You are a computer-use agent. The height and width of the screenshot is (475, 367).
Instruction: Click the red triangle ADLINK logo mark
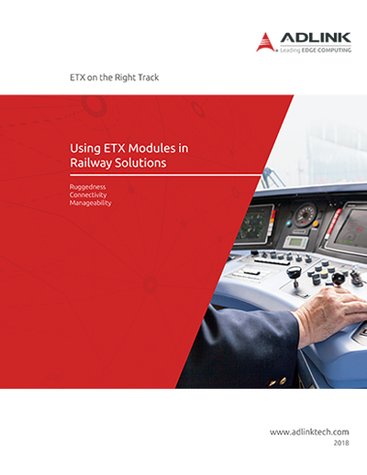(x=265, y=42)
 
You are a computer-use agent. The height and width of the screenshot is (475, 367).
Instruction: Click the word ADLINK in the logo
(x=316, y=38)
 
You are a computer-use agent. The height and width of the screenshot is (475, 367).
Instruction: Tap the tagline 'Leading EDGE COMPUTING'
(x=316, y=50)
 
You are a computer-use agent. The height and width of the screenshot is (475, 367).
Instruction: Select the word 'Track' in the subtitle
(x=148, y=78)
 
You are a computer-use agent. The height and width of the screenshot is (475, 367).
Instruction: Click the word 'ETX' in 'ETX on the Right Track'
(x=77, y=78)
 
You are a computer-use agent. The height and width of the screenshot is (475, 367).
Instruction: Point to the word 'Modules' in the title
(x=151, y=149)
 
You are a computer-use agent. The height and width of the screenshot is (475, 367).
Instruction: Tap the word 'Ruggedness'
(x=87, y=187)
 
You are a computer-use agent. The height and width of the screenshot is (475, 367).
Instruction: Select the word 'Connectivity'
(x=88, y=195)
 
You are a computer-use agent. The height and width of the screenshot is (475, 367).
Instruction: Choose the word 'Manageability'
(x=91, y=203)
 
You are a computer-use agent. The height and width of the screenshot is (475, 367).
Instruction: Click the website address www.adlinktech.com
(x=309, y=432)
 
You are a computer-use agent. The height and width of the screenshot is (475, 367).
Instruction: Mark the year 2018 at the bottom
(x=341, y=443)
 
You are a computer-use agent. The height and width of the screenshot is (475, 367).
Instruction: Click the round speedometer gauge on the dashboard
(x=306, y=215)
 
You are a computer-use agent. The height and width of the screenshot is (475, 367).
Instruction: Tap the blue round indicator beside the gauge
(x=289, y=224)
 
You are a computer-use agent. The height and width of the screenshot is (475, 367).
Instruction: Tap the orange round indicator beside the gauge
(x=316, y=224)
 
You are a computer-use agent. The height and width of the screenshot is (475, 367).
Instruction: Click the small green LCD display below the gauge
(x=296, y=242)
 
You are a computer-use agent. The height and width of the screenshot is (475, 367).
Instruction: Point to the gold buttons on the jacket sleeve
(x=278, y=381)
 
